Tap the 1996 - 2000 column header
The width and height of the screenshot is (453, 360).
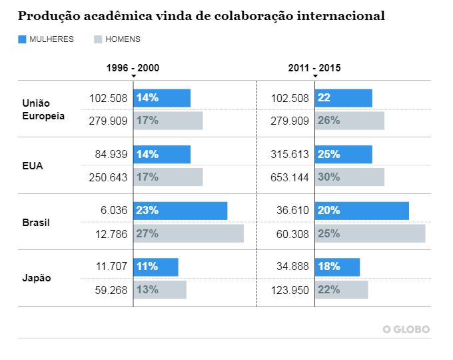[133, 68]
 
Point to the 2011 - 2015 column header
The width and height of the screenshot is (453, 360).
[314, 68]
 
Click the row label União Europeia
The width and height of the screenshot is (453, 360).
[43, 109]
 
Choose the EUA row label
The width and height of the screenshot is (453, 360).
[33, 166]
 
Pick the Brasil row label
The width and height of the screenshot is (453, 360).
[36, 222]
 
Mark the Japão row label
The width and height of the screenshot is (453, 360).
[37, 278]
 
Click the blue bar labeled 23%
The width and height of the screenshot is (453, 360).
[181, 211]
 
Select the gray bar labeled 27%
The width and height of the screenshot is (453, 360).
[189, 233]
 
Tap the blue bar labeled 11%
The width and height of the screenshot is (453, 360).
[156, 267]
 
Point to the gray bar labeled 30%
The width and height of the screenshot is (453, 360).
[349, 177]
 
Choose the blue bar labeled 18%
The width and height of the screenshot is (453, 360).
[337, 267]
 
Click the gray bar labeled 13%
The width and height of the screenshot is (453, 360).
[160, 289]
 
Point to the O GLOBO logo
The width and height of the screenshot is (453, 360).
[406, 329]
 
